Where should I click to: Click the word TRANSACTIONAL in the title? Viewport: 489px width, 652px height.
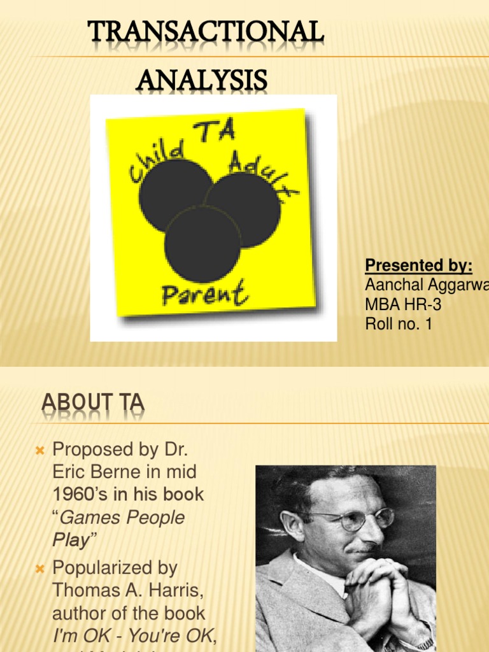pos(205,34)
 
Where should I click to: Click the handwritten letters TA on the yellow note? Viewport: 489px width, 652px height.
pos(217,132)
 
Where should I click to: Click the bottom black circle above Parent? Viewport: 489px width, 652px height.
pos(202,244)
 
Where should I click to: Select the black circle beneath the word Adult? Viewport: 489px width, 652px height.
pos(243,209)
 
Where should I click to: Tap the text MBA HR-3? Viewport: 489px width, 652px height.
pos(403,305)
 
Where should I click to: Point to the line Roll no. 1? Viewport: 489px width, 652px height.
pos(399,324)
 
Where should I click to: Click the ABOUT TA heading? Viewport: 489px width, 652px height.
pos(93,403)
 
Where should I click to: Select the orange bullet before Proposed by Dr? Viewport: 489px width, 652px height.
pos(39,451)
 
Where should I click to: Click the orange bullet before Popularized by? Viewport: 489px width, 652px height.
pos(39,569)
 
